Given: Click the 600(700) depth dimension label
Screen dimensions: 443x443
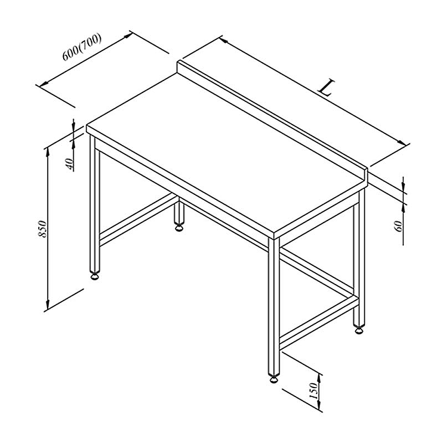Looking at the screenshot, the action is point(81,47).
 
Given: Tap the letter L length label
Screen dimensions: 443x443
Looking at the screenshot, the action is point(326,88).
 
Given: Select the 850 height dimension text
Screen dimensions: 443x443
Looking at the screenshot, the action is point(42,229).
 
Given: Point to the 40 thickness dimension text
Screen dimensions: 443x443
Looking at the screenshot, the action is point(70,164).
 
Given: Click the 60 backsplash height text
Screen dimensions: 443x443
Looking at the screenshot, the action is point(398,226).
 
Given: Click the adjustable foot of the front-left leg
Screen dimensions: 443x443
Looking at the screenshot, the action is point(95,276).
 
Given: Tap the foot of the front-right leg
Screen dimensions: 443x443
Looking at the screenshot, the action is point(274,379).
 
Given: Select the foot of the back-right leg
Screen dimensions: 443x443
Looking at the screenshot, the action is point(359,329).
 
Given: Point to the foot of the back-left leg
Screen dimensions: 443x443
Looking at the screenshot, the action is point(179,227).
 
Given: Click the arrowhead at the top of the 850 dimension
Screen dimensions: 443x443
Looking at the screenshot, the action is point(48,152).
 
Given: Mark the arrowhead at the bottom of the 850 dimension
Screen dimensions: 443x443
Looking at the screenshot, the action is point(48,305).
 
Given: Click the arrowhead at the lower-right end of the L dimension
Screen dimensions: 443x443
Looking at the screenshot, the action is point(401,142).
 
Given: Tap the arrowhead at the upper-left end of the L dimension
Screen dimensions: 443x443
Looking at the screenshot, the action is point(224,40).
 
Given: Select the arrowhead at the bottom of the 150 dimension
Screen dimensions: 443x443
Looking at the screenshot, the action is point(320,405).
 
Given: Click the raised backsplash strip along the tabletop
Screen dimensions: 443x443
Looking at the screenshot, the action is point(272,121).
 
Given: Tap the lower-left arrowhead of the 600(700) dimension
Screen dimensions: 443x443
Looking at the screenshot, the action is point(44,84).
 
